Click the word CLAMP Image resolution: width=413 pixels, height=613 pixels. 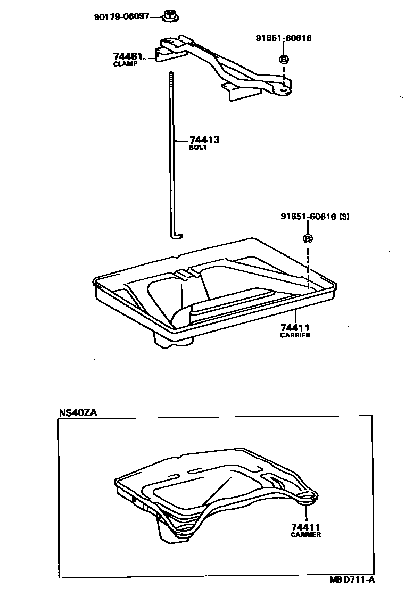(x=125, y=64)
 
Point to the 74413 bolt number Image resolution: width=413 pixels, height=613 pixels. (x=204, y=140)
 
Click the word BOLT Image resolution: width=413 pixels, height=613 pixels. (x=198, y=147)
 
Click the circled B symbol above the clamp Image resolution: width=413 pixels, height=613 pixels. (x=284, y=58)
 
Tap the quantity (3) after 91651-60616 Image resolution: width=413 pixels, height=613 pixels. (x=343, y=217)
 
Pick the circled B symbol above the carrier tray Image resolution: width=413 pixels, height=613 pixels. (x=308, y=238)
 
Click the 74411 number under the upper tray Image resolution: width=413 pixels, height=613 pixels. (x=295, y=327)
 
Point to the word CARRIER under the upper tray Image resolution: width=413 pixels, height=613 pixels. (x=295, y=335)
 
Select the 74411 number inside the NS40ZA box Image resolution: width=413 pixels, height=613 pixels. (x=305, y=527)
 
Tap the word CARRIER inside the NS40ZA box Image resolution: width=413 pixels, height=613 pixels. (x=305, y=535)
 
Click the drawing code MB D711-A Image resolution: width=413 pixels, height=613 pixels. (x=351, y=580)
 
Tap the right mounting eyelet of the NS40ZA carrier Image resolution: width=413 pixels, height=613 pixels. (x=307, y=496)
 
